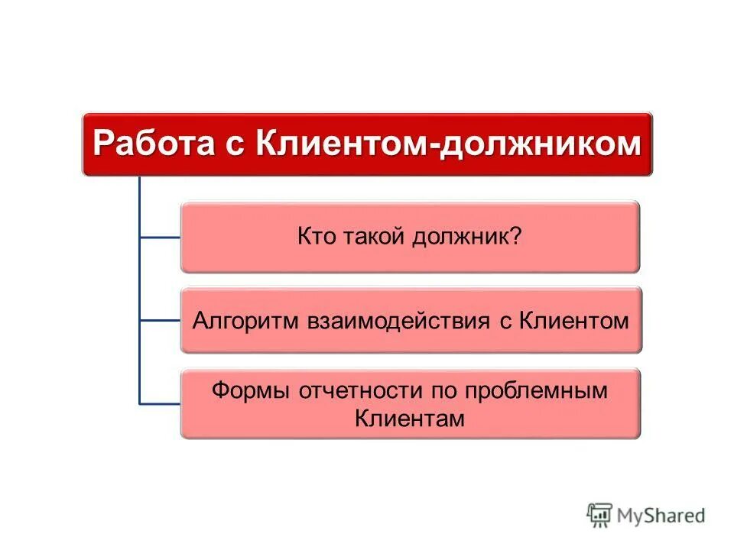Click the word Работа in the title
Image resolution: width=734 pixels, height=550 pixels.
click(x=153, y=144)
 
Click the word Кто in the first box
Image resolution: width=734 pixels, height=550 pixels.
click(x=314, y=237)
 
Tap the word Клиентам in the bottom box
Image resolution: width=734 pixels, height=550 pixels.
click(x=410, y=419)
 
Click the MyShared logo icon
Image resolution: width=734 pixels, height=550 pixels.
click(x=599, y=516)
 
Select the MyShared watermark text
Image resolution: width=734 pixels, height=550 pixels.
click(x=661, y=516)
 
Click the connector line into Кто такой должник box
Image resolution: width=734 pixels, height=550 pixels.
click(x=160, y=238)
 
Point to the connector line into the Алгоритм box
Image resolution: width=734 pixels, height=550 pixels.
click(x=160, y=320)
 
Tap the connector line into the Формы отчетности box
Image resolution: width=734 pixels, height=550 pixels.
click(x=160, y=403)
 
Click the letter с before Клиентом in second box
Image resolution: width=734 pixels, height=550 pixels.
click(x=505, y=320)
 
